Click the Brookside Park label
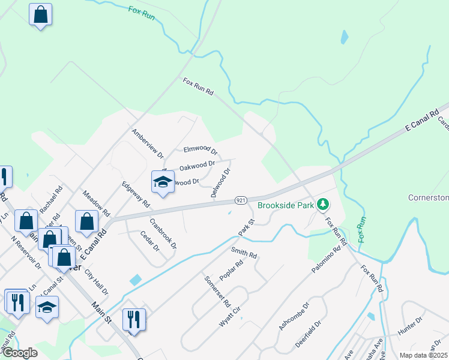point(286,205)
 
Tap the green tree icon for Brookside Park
point(324,205)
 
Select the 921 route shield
point(240,200)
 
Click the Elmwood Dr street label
point(200,150)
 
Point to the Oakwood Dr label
point(197,164)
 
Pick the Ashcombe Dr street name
point(294,316)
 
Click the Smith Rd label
point(244,253)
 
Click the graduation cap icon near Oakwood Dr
point(163,181)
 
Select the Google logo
point(19,353)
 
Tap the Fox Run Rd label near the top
point(198,88)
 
